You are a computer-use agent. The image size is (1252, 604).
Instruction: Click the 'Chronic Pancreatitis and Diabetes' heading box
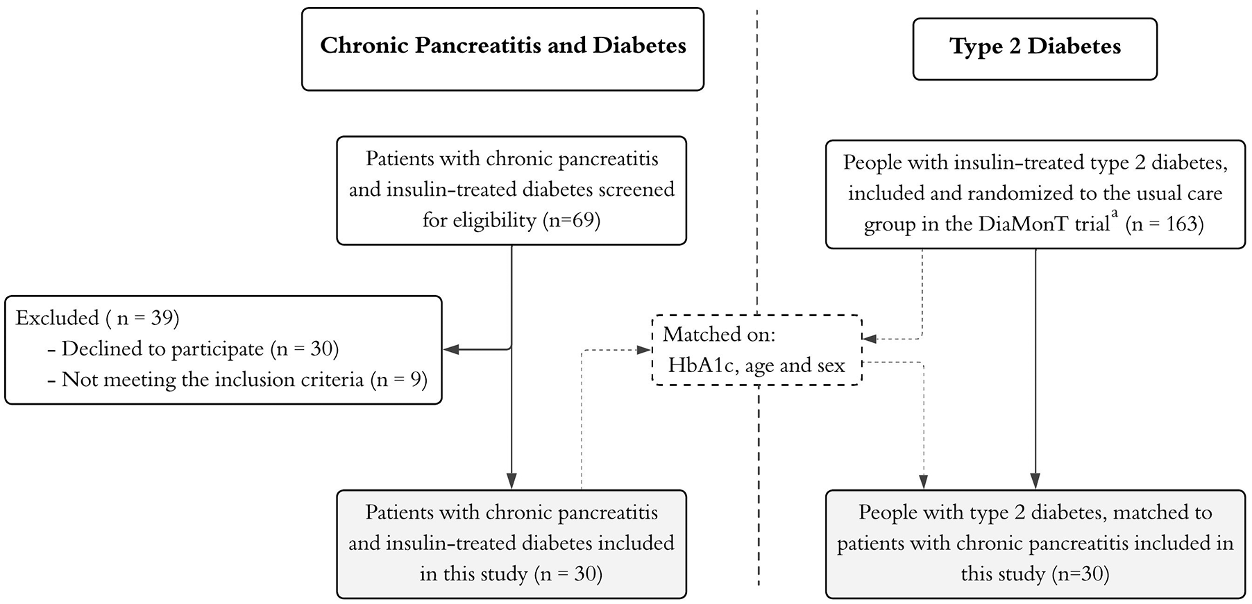[502, 49]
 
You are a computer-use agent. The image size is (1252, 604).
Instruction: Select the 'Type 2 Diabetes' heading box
[1035, 49]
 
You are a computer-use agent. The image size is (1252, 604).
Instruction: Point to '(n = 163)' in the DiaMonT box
[1165, 224]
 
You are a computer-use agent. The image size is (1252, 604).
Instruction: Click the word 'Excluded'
[57, 318]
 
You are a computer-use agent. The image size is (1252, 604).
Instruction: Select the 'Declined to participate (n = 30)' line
[194, 349]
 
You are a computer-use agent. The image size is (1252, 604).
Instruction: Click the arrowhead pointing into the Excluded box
[451, 349]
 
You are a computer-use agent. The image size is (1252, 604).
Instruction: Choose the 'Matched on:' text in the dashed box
[719, 335]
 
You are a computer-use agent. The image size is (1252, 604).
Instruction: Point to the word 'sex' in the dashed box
[830, 366]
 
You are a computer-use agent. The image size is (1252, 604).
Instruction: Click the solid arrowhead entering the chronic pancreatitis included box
[511, 482]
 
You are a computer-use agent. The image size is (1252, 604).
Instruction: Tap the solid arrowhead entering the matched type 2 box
[1035, 482]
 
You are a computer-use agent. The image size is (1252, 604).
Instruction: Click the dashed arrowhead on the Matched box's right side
[870, 339]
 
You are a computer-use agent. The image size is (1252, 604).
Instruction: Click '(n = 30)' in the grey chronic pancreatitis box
[568, 574]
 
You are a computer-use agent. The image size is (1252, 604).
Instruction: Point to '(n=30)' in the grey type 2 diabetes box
[1080, 574]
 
